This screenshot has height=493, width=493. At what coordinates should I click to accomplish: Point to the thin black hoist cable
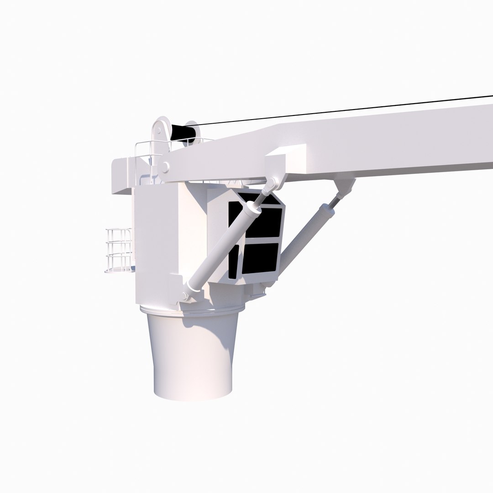point(347,110)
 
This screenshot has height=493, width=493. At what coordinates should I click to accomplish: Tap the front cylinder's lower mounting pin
point(184,296)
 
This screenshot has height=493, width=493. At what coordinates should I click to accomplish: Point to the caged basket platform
point(119,250)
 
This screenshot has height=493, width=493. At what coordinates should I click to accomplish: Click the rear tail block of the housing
point(123,176)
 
